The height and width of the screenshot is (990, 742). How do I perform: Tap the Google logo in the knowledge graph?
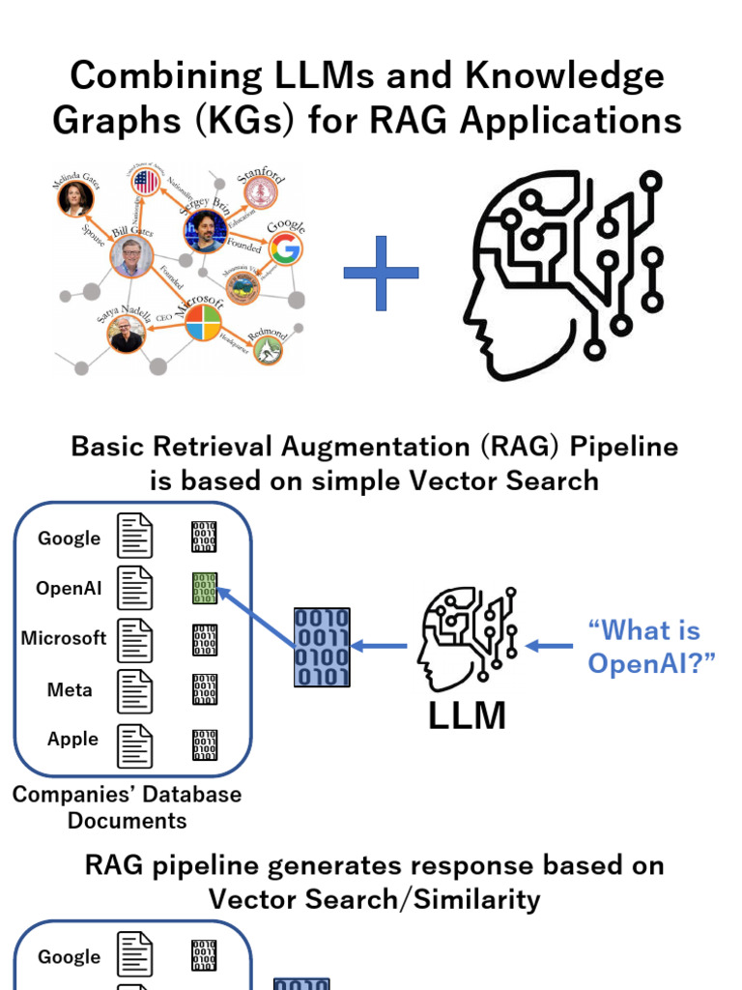284,248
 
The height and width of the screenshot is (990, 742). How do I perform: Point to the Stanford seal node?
260,192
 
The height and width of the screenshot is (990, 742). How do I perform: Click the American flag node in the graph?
146,182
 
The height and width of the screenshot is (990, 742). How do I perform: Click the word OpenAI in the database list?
69,588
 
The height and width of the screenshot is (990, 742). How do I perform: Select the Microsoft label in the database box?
64,638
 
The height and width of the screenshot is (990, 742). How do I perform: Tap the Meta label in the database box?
70,689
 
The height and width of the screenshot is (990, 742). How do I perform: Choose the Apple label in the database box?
72,739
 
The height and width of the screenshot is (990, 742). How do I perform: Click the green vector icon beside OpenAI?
204,588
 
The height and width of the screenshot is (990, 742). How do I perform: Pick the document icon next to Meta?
134,690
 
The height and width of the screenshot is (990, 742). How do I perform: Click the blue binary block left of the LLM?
322,647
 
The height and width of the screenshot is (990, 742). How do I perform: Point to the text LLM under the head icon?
467,715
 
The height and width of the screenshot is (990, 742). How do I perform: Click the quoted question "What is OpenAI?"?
643,647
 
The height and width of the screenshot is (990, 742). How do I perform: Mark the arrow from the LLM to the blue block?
381,646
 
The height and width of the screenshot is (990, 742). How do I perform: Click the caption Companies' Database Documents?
127,807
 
